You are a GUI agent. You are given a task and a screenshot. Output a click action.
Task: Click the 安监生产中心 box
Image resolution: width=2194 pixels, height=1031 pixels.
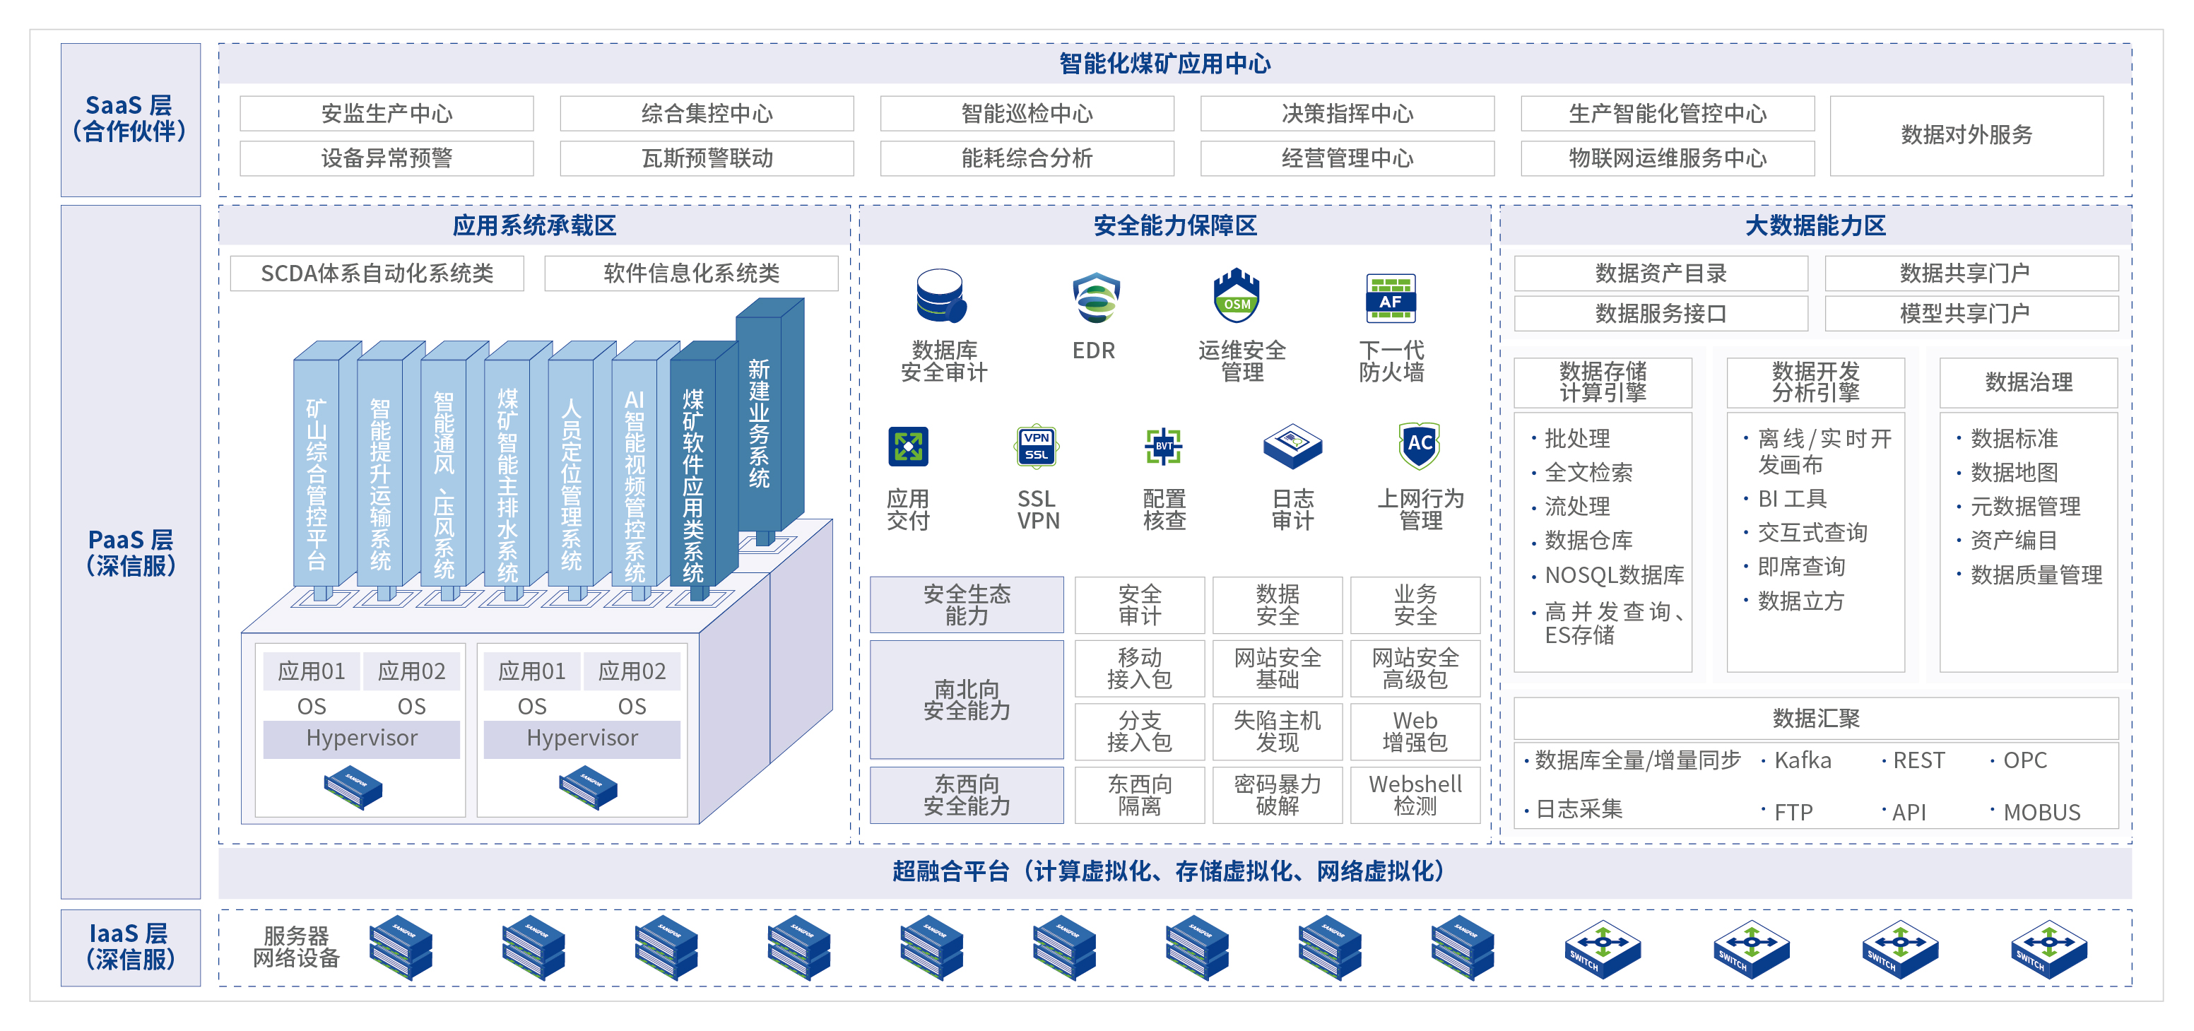point(387,113)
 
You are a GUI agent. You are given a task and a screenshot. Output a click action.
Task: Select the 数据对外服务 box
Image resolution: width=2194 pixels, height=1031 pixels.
point(1966,136)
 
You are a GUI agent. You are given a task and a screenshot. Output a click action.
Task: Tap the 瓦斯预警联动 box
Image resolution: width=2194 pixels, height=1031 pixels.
point(707,158)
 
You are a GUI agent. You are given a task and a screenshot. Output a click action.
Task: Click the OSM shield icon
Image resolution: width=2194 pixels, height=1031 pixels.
point(1237,295)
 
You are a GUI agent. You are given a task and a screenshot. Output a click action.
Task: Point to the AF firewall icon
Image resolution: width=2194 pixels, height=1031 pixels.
point(1390,298)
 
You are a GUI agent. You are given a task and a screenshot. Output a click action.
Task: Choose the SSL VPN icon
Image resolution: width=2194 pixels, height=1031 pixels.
point(1037,447)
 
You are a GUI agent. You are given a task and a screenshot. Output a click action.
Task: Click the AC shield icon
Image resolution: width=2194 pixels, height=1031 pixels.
point(1419,444)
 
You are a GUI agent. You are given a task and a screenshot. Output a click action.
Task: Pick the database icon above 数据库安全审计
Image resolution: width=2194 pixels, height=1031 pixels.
point(941,295)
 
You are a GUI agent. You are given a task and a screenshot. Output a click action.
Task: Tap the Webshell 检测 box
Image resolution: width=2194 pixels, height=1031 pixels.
point(1415,795)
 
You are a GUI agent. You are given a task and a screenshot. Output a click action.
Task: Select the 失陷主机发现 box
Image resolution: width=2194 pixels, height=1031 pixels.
point(1278,731)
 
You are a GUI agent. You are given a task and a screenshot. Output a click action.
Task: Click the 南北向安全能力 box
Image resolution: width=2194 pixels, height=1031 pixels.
point(967,700)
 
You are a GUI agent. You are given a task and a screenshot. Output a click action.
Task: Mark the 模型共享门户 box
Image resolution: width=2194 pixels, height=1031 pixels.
point(1971,314)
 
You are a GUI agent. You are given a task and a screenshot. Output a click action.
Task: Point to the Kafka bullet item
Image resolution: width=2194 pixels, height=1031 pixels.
point(1797,760)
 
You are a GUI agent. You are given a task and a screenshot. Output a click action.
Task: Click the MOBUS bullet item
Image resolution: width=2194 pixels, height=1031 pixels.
point(2036,812)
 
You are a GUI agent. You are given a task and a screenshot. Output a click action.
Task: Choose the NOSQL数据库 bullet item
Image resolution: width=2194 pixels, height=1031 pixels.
point(1608,575)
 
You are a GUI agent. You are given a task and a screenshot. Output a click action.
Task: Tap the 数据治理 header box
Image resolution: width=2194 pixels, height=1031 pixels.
point(2029,382)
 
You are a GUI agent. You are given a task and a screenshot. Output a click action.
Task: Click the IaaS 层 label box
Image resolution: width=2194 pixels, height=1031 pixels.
point(130,948)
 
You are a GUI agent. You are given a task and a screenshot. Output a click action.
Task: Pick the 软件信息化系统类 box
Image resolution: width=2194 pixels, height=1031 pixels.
point(691,273)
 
